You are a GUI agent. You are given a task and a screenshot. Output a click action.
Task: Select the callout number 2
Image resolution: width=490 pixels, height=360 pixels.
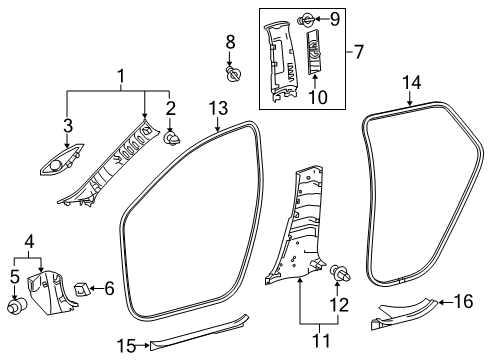click(x=169, y=107)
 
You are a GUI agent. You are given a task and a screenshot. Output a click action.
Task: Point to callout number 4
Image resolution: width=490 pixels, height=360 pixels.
click(x=31, y=241)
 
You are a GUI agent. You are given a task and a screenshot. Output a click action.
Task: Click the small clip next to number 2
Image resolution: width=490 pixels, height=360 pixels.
click(x=171, y=131)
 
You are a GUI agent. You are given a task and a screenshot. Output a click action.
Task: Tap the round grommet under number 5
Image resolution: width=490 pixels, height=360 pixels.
click(x=16, y=306)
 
